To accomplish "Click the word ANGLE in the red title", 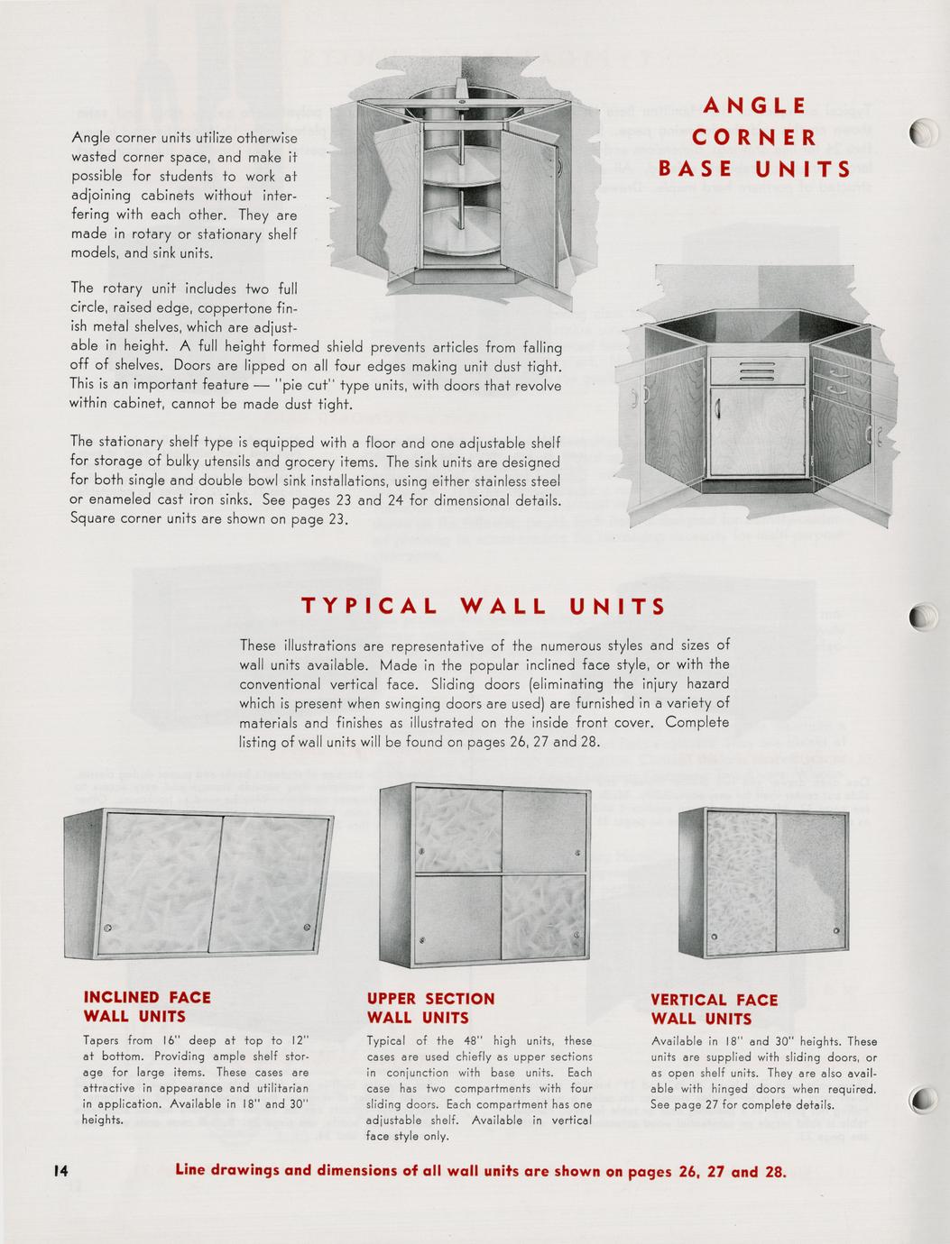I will pyautogui.click(x=754, y=106).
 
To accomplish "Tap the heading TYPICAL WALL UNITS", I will pyautogui.click(x=484, y=606).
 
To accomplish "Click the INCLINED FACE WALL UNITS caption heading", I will pyautogui.click(x=147, y=1007).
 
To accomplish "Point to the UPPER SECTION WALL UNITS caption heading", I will pyautogui.click(x=430, y=1008).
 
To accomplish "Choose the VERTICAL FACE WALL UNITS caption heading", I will pyautogui.click(x=714, y=1009).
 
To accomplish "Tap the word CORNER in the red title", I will pyautogui.click(x=754, y=138).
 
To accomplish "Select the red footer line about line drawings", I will pyautogui.click(x=481, y=1172).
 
